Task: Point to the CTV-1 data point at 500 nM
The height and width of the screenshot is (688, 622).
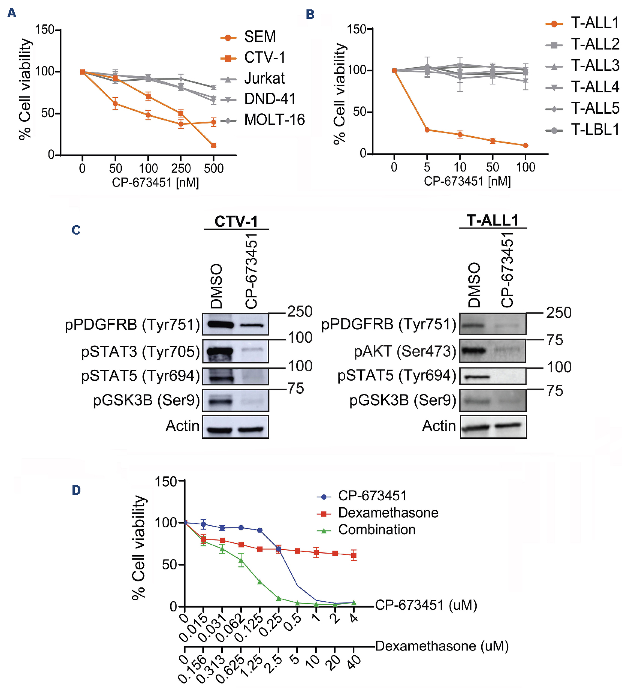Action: click(x=213, y=146)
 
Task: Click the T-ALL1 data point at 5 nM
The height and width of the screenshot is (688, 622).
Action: click(x=427, y=130)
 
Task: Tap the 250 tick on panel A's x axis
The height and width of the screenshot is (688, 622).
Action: click(x=181, y=169)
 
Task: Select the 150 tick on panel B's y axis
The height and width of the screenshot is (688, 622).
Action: click(x=356, y=29)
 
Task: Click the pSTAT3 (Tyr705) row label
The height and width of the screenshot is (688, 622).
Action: click(x=140, y=352)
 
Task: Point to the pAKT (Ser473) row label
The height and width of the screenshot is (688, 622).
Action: click(x=405, y=351)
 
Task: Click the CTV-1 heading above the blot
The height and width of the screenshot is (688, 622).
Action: click(x=236, y=221)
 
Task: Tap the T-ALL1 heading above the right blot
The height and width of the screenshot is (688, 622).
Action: click(x=492, y=220)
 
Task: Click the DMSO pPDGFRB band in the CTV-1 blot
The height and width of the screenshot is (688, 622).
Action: click(x=220, y=325)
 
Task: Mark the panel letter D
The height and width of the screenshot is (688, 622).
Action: click(x=76, y=490)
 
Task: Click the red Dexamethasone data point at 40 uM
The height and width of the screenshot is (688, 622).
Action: click(x=353, y=555)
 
